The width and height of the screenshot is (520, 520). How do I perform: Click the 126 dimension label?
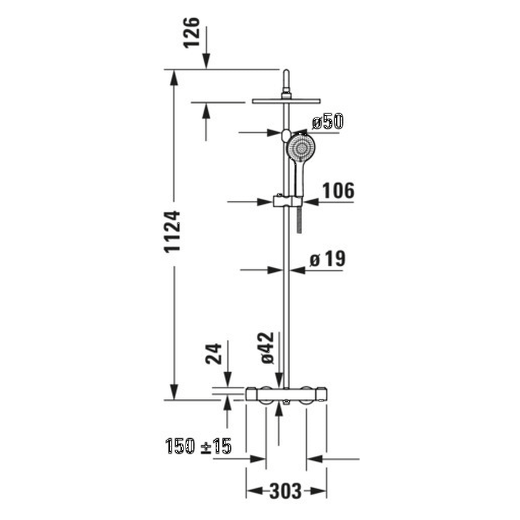tap(193, 32)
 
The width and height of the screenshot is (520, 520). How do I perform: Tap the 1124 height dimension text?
tap(172, 232)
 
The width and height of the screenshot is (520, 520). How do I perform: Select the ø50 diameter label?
tap(327, 121)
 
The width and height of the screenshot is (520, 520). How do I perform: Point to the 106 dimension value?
tap(338, 191)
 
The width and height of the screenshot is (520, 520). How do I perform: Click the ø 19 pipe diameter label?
tap(327, 259)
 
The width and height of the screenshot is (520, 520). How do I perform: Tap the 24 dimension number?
tap(214, 353)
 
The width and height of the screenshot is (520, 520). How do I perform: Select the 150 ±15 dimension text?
tap(198, 446)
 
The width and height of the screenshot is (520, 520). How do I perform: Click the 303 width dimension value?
tap(286, 492)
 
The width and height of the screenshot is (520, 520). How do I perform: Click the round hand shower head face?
tap(301, 149)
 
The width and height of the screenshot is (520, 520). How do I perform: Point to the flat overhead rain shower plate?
tap(286, 101)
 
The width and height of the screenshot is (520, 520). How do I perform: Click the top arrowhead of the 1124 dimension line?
tap(174, 77)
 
